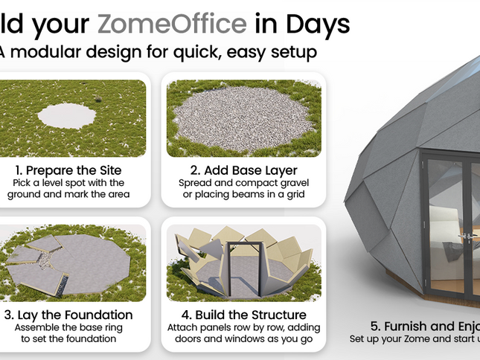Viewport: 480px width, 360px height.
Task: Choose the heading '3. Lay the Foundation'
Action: coord(68,315)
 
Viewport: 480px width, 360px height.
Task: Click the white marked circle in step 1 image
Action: coord(67,115)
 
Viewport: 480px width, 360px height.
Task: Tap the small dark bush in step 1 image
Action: coord(97,100)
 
